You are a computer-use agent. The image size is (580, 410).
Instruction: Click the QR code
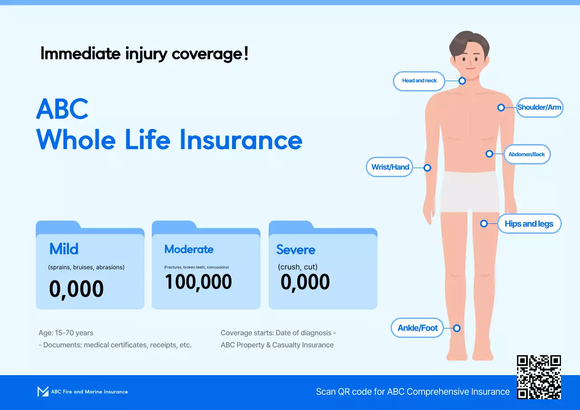pyautogui.click(x=539, y=377)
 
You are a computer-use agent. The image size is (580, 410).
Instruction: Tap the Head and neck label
pyautogui.click(x=419, y=81)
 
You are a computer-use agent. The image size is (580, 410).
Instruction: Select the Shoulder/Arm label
pyautogui.click(x=539, y=107)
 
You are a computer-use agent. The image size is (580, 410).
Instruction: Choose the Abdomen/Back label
pyautogui.click(x=527, y=154)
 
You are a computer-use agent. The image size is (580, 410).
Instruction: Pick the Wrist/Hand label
pyautogui.click(x=390, y=167)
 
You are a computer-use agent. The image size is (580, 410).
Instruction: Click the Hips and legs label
pyautogui.click(x=529, y=224)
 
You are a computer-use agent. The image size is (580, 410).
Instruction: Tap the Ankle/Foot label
pyautogui.click(x=417, y=328)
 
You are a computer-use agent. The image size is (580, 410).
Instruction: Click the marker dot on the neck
pyautogui.click(x=462, y=81)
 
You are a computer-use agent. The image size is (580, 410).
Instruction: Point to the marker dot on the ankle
pyautogui.click(x=457, y=328)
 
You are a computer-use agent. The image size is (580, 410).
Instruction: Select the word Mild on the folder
pyautogui.click(x=64, y=249)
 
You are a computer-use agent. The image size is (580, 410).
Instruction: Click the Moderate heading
pyautogui.click(x=189, y=249)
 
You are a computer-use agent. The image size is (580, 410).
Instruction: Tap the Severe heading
pyautogui.click(x=296, y=250)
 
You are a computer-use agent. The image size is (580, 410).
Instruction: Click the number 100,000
pyautogui.click(x=198, y=282)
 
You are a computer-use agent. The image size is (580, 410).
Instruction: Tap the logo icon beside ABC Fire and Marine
pyautogui.click(x=43, y=391)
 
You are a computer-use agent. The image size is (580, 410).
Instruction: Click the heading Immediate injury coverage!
pyautogui.click(x=145, y=54)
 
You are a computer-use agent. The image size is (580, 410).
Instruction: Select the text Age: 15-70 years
pyautogui.click(x=66, y=333)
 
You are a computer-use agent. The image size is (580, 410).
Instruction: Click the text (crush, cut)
pyautogui.click(x=298, y=267)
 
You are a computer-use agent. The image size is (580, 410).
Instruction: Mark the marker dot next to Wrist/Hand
pyautogui.click(x=427, y=168)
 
